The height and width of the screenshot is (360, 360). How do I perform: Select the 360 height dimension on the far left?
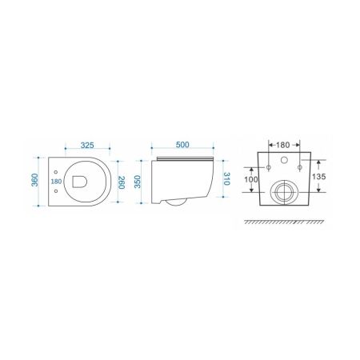pos(34,181)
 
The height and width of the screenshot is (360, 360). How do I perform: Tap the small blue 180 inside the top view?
pos(56,182)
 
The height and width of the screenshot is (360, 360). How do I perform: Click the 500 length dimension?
pos(182,146)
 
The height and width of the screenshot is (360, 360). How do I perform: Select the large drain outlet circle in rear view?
pos(284,192)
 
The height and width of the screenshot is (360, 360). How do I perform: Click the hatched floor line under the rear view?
pos(284,220)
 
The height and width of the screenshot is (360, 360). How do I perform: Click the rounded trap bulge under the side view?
pos(173,201)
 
